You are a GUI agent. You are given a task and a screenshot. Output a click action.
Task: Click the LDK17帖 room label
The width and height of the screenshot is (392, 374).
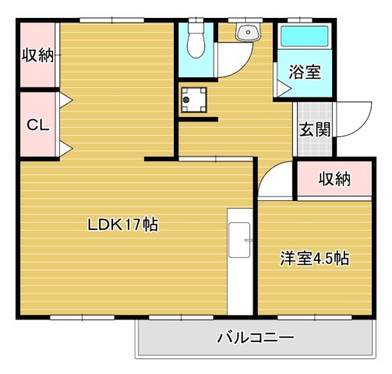pos(122,225)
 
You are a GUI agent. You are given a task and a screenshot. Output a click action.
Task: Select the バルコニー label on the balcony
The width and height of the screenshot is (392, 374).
pos(255,338)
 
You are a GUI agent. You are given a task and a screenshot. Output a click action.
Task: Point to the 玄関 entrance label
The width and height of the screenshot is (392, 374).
pos(314,129)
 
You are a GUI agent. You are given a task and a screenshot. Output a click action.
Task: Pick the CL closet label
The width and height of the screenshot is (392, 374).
pos(36,125)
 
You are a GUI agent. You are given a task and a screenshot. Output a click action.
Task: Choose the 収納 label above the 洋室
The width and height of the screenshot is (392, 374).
pos(334,179)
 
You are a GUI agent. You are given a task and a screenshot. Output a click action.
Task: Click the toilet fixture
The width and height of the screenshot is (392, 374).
pos(195,41)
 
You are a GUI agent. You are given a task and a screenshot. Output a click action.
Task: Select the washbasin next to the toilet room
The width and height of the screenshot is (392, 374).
pos(249,32)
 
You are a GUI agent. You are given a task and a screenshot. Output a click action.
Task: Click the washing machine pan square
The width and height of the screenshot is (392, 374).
pos(192,100)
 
